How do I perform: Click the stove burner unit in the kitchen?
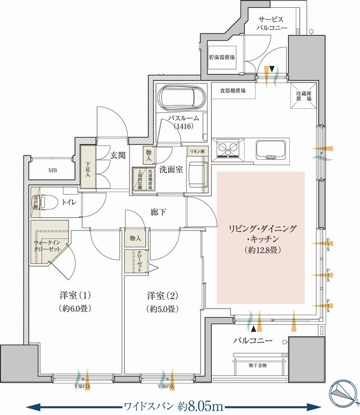228,148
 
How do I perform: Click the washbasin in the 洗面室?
196,175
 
